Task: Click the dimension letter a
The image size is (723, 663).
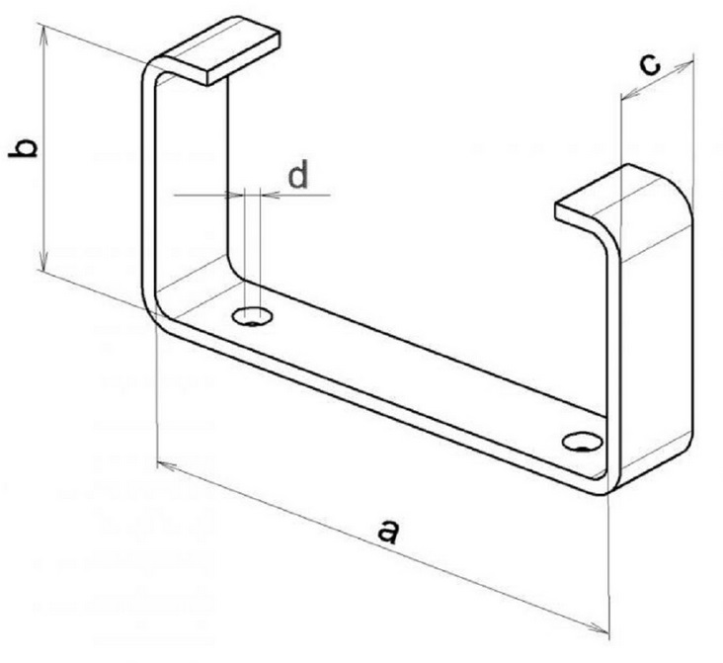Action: (387, 531)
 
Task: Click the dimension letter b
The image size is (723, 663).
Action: (23, 147)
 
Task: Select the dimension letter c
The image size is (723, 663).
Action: (650, 65)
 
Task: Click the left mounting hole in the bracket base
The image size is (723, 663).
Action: (252, 316)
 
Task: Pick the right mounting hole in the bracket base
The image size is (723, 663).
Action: (583, 442)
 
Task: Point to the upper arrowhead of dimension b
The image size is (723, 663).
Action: (43, 35)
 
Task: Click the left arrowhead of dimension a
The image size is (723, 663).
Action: (167, 465)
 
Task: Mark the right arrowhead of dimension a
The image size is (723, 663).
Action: (599, 628)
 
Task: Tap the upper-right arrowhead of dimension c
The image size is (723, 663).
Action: (683, 66)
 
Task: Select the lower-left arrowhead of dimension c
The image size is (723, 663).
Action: (631, 94)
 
